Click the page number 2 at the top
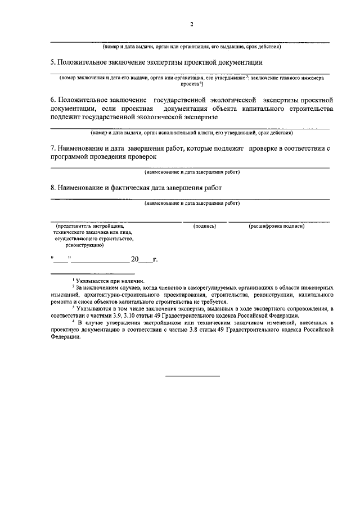192,24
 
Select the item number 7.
53,148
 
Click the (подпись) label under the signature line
204,226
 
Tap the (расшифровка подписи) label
277,226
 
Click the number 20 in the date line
134,260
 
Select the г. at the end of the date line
155,260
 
